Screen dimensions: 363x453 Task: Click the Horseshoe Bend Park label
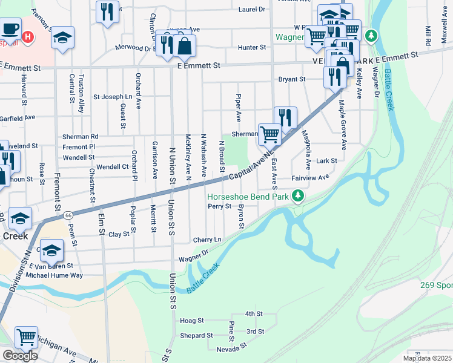click(x=248, y=197)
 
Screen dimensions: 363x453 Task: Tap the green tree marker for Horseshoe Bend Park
click(x=298, y=195)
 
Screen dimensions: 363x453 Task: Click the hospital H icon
click(x=27, y=38)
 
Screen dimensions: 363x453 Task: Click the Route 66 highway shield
click(x=68, y=214)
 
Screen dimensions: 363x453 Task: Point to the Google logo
click(x=20, y=356)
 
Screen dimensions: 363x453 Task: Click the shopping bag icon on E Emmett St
click(x=184, y=45)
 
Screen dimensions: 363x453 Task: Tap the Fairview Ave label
click(x=309, y=177)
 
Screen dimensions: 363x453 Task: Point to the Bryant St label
click(x=291, y=79)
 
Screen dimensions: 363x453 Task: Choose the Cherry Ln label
click(x=208, y=240)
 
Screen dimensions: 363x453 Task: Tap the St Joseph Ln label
click(x=112, y=97)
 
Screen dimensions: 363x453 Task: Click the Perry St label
click(x=220, y=206)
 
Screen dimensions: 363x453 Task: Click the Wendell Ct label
click(x=112, y=166)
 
